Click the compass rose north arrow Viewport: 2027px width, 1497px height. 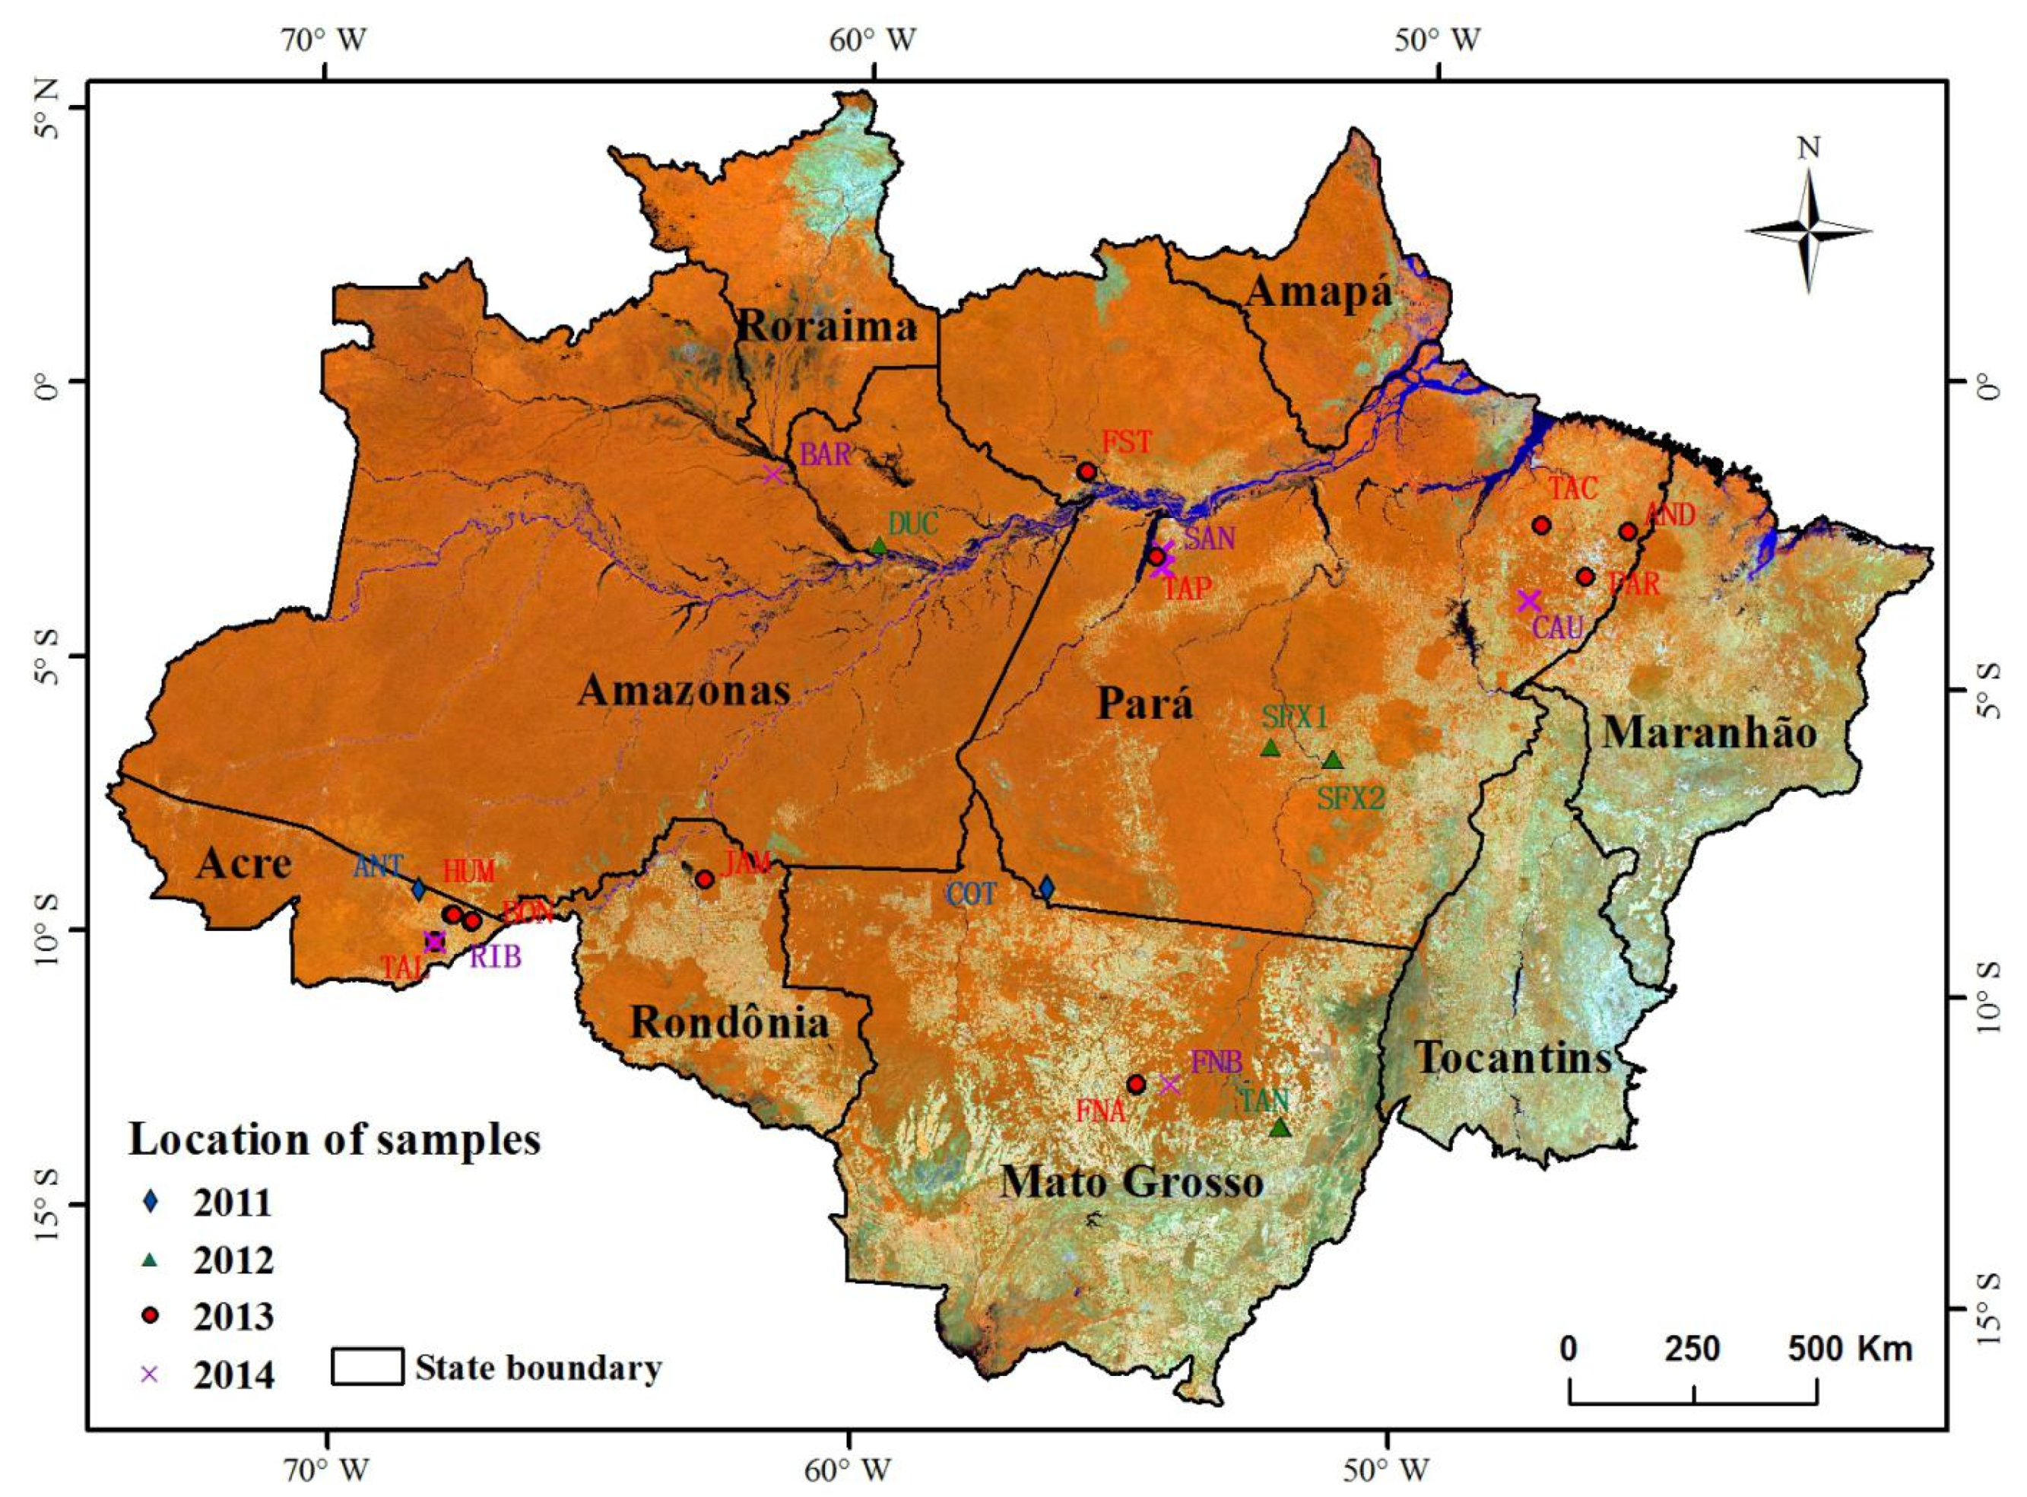(x=1809, y=230)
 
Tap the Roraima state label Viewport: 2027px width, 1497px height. (x=828, y=326)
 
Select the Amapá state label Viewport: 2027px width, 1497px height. (x=1318, y=293)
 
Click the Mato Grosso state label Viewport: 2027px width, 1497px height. (x=1131, y=1181)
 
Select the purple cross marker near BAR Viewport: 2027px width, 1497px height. (x=772, y=474)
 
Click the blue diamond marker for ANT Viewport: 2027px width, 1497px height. (x=418, y=890)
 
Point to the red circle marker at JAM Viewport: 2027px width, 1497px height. (x=705, y=879)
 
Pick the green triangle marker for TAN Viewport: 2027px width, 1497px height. (x=1279, y=1127)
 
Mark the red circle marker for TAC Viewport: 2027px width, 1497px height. (x=1541, y=525)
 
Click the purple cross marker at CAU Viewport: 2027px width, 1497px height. (x=1528, y=600)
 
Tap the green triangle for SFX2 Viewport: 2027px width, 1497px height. (x=1332, y=760)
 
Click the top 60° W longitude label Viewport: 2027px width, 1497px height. (x=874, y=41)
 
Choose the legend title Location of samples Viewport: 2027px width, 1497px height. (x=335, y=1139)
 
